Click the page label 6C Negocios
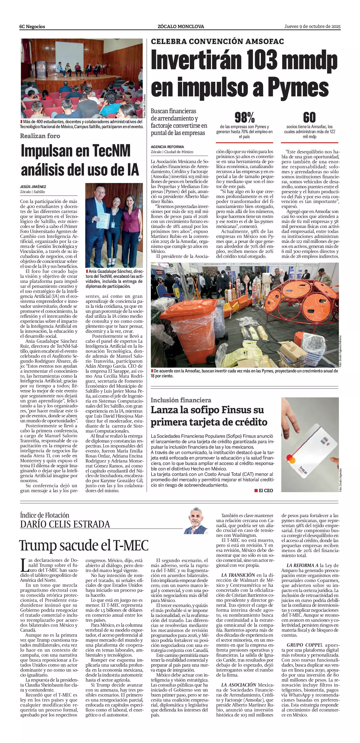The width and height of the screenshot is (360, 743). (32, 27)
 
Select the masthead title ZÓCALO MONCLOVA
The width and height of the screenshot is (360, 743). (181, 27)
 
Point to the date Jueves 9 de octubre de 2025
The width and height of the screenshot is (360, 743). (312, 26)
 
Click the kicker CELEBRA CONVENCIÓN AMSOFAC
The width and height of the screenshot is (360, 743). (217, 42)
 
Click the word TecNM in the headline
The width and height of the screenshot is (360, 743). (111, 151)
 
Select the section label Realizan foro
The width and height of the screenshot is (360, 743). (40, 136)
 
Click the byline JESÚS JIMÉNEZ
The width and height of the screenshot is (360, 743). (33, 187)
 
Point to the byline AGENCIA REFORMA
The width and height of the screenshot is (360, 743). (167, 147)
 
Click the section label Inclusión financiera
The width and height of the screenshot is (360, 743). (181, 400)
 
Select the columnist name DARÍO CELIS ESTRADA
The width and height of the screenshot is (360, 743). (65, 524)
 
